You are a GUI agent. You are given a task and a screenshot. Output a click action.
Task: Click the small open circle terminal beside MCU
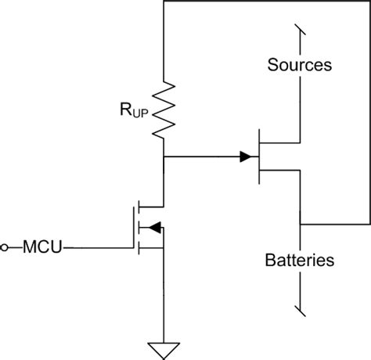(x=6, y=248)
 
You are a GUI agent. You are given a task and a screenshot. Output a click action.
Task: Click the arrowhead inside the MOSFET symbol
(x=155, y=228)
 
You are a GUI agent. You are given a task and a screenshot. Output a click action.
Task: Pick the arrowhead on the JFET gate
(x=247, y=157)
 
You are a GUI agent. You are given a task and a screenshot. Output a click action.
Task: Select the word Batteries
(x=301, y=259)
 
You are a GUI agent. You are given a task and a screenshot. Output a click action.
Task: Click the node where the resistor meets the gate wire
(x=164, y=157)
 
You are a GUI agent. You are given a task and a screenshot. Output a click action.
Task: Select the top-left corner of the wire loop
(x=164, y=2)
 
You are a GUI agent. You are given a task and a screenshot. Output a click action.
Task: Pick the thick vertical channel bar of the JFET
(x=260, y=157)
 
